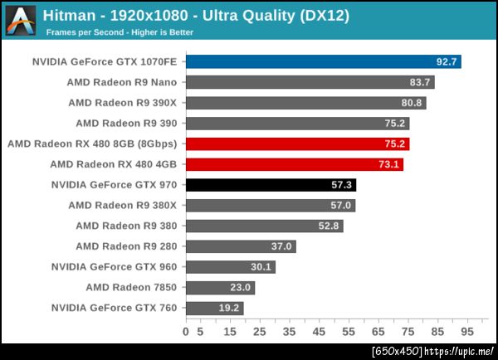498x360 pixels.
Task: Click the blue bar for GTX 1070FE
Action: [323, 61]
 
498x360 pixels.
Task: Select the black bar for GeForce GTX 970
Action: [271, 185]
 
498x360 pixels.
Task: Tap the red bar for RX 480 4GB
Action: [294, 164]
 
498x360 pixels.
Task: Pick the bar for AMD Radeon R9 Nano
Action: [310, 82]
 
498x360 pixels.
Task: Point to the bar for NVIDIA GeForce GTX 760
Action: [214, 309]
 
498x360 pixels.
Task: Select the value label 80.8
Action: [412, 103]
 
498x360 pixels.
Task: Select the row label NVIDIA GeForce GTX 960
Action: [114, 267]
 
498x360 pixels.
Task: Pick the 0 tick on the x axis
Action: [186, 332]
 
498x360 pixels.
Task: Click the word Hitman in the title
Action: [67, 15]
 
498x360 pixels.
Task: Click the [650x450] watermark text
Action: [397, 351]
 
